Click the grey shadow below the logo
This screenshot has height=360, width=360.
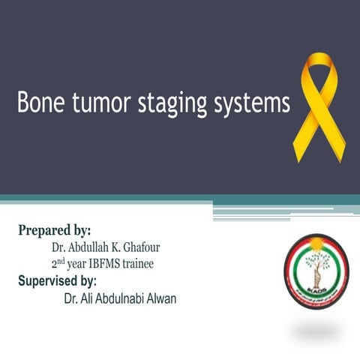pos(316,331)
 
